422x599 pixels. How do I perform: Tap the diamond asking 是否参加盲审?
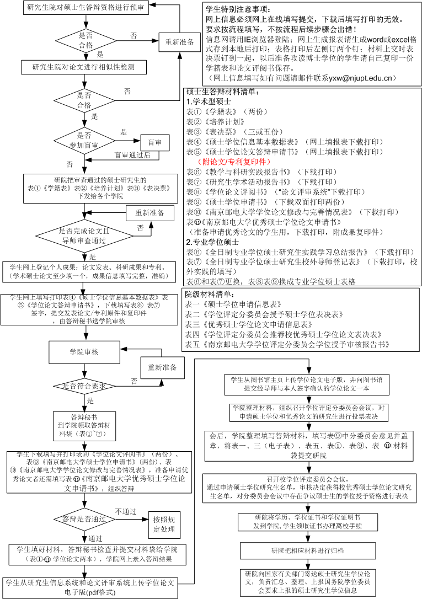[84, 140]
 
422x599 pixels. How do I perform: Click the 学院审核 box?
[84, 351]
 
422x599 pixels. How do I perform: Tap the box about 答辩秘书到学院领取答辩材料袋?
[84, 425]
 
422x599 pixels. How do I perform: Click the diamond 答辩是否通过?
[84, 519]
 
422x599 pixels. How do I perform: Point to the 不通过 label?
[125, 511]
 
